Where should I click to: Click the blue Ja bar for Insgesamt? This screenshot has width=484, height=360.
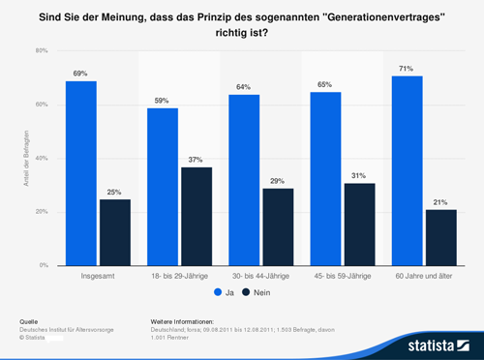tap(81, 173)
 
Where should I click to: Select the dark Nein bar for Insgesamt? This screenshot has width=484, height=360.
tap(114, 232)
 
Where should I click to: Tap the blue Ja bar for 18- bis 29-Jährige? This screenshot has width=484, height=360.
tap(163, 187)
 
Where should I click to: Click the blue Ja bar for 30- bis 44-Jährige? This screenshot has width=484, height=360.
tap(244, 180)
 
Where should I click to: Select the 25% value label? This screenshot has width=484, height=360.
tap(114, 193)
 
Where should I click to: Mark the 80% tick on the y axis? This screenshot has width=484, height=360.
tap(42, 50)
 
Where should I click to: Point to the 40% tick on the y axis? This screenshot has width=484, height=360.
tap(42, 158)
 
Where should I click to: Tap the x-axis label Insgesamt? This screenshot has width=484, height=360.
tap(98, 277)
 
